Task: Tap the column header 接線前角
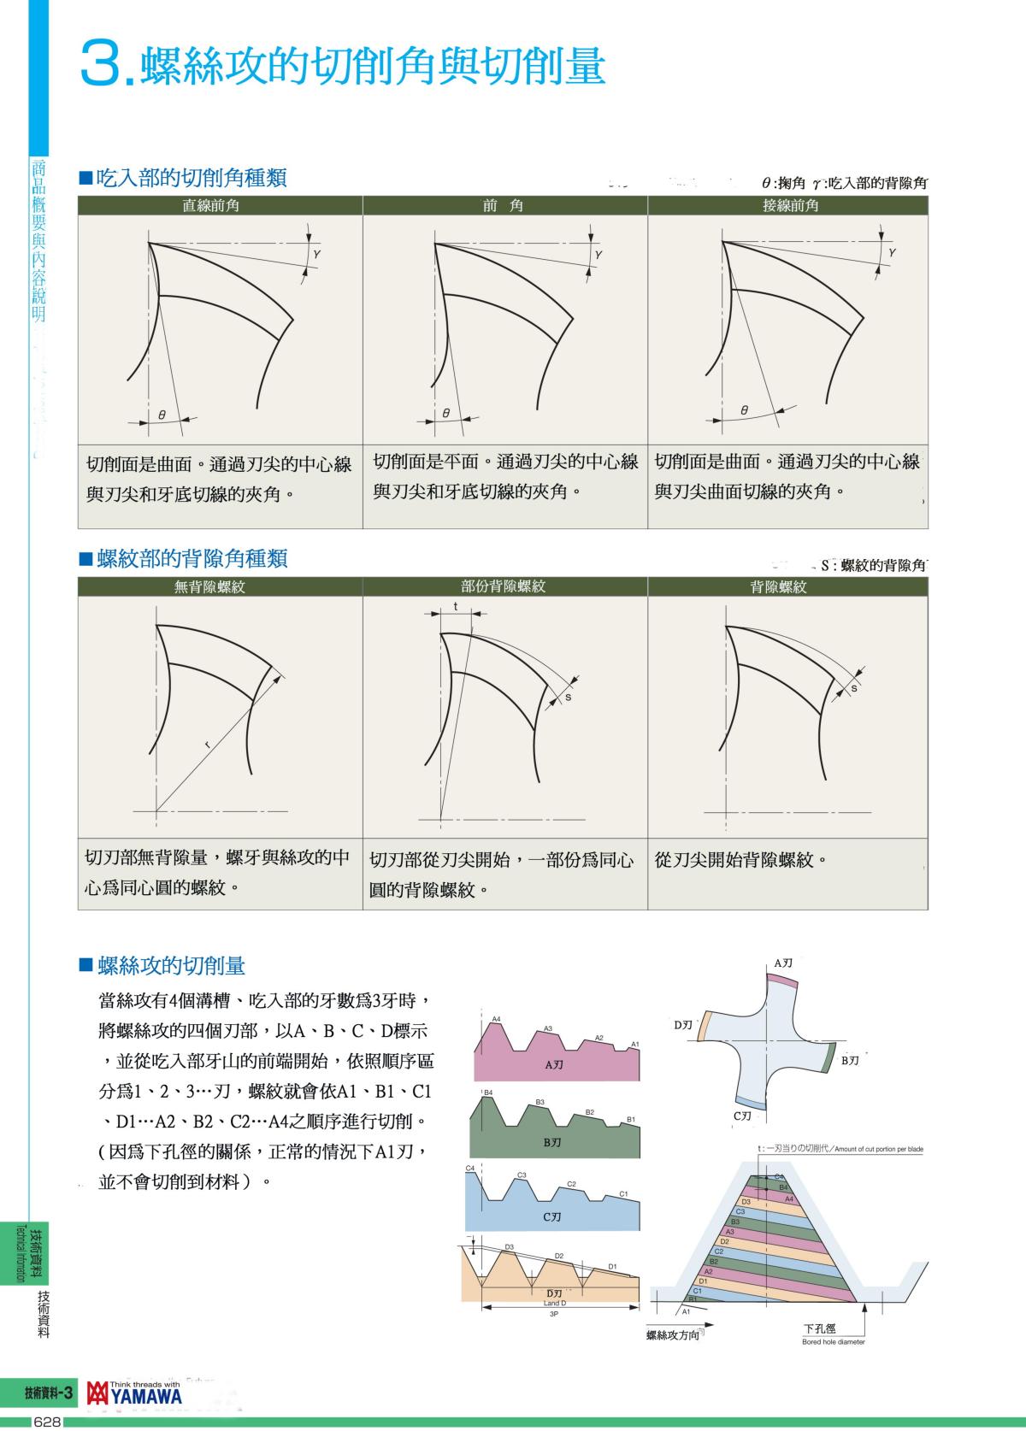790,205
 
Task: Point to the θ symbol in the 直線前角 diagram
162,415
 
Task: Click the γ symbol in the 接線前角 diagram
892,253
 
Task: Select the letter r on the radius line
208,745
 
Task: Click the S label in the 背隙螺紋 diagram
853,688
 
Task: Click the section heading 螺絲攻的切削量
171,966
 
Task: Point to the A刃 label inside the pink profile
553,1066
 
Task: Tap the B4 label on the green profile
488,1092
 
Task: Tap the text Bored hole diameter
833,1342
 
